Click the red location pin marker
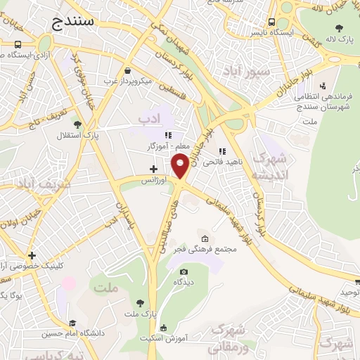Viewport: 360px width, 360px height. click(x=181, y=166)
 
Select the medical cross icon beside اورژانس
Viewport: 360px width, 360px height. click(x=154, y=169)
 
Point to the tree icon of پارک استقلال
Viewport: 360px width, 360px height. click(x=77, y=124)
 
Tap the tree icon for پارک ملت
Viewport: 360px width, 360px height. click(x=139, y=303)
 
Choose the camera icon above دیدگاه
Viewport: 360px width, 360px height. click(x=184, y=271)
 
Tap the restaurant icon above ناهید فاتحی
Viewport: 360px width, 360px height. click(x=222, y=150)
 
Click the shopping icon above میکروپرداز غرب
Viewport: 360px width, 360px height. click(x=127, y=71)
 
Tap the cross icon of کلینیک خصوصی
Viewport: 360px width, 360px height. click(x=31, y=255)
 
